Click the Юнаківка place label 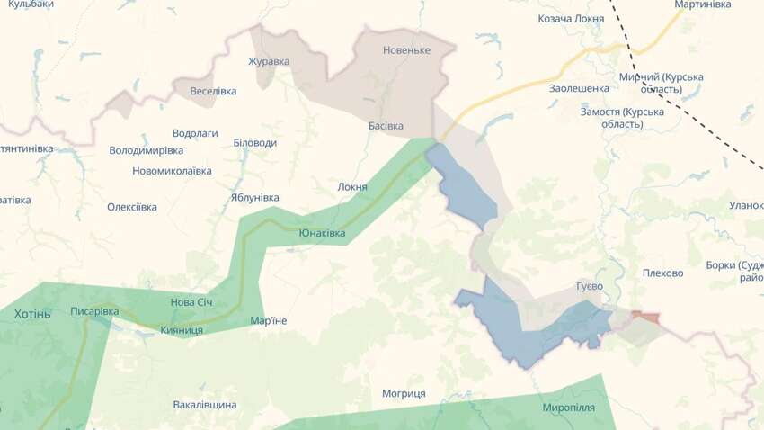(x=322, y=233)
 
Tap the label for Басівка (x=386, y=126)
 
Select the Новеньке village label (x=406, y=50)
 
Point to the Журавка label (x=269, y=62)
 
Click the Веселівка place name (x=213, y=91)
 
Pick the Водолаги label (x=195, y=133)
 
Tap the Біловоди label (x=254, y=143)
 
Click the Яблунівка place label (x=254, y=198)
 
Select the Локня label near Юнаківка (x=352, y=187)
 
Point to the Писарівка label (x=94, y=311)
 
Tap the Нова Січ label (x=191, y=301)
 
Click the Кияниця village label (x=181, y=330)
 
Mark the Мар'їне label (x=269, y=321)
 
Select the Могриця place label (x=404, y=394)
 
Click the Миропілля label (x=568, y=408)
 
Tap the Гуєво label (x=590, y=286)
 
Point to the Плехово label (x=663, y=273)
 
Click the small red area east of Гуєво (x=644, y=316)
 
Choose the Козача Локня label (x=571, y=18)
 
